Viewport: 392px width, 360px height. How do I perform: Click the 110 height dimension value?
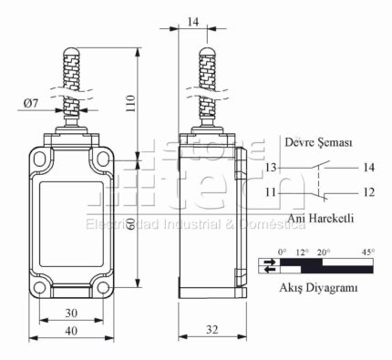tap(130, 104)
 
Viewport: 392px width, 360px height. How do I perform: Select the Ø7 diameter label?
tap(31, 103)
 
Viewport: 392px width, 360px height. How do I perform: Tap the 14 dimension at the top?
tap(192, 22)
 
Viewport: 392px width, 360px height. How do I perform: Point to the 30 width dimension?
tap(71, 313)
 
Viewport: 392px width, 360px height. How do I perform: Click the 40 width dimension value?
tap(71, 331)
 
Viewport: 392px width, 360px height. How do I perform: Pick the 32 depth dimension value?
tap(212, 329)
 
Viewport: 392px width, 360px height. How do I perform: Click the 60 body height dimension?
tap(130, 225)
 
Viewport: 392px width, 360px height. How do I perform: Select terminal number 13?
tap(271, 168)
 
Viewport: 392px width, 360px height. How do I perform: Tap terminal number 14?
tap(368, 168)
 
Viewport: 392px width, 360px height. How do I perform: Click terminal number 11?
tap(271, 192)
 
